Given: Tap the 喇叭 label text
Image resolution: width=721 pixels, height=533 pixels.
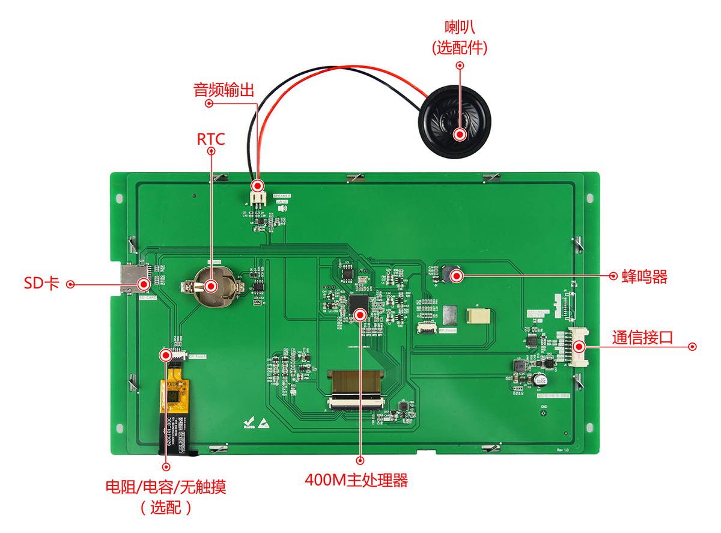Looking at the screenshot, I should point(460,27).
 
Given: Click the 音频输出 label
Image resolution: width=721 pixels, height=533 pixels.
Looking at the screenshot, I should point(224,90).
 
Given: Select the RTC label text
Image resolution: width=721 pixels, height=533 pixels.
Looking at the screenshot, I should point(211,139).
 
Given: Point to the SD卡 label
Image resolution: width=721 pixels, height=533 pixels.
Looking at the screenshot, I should point(41,284).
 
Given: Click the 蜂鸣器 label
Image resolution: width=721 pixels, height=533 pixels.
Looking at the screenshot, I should point(645,276).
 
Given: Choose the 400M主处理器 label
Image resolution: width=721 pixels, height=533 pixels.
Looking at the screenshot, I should point(356,480).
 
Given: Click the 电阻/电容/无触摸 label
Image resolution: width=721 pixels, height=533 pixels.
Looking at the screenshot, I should point(166,487).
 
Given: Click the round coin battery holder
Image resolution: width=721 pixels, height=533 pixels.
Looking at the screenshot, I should point(211,287).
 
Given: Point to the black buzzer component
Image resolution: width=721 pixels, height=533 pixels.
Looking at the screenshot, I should point(451,275).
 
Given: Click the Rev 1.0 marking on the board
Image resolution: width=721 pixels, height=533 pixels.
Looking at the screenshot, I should point(562,449).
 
